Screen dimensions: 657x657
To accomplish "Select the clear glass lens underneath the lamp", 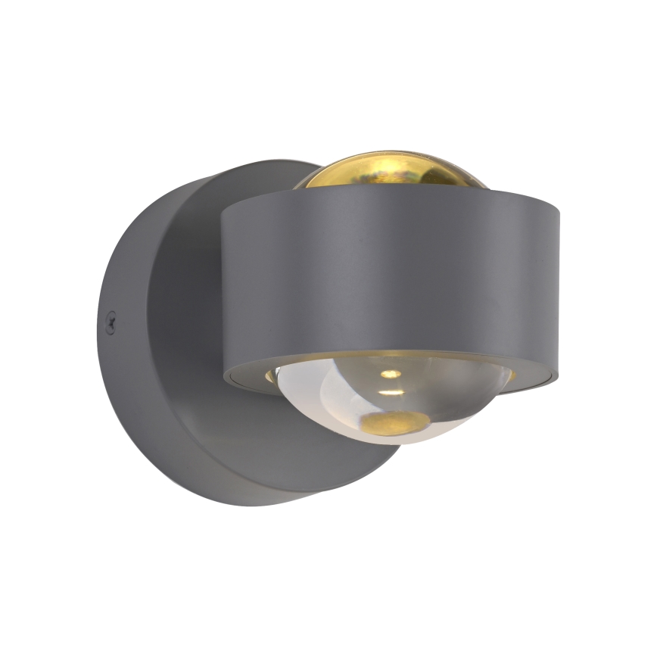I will tap(394, 401).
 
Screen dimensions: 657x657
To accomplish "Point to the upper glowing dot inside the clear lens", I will tap(390, 374).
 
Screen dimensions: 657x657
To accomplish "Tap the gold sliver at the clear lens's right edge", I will tap(512, 374).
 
